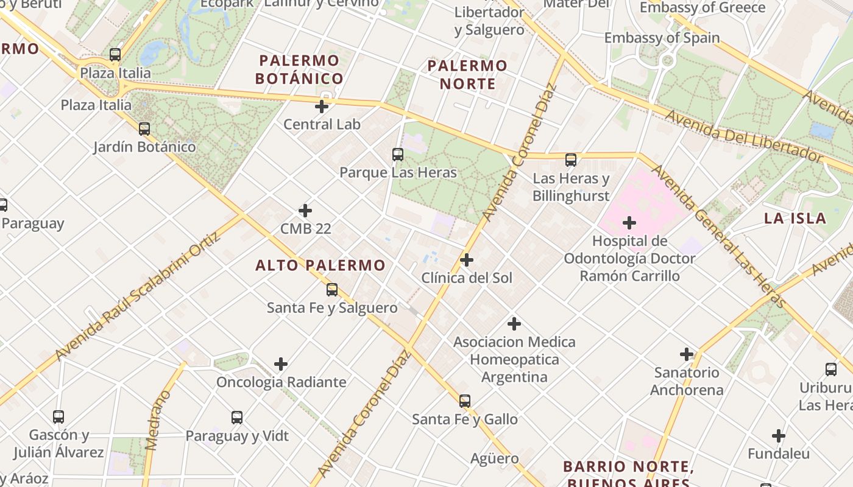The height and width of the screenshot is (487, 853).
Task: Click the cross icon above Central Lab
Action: [x=322, y=107]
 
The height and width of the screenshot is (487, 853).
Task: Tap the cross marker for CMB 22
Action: [x=305, y=211]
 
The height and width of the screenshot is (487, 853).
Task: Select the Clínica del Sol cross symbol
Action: [x=467, y=260]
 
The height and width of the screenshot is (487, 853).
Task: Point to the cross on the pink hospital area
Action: [x=629, y=223]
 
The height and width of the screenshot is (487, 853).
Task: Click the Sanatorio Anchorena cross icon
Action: [x=687, y=354]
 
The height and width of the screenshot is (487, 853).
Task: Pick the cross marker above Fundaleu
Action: [x=778, y=436]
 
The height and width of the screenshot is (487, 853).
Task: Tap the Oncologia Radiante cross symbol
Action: [x=281, y=364]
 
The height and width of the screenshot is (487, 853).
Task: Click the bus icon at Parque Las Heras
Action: [x=398, y=155]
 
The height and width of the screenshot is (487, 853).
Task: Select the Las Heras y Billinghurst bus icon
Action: [x=571, y=160]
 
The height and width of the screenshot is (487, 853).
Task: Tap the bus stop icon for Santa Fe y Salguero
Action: [x=332, y=290]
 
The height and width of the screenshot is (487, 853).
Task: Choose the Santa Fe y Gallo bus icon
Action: [x=465, y=401]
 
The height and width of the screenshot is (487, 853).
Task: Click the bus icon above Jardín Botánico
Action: [x=144, y=129]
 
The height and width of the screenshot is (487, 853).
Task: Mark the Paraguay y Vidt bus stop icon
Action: [x=237, y=418]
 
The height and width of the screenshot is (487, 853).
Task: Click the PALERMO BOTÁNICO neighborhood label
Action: [x=299, y=69]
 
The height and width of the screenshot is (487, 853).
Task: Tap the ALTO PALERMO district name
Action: [x=320, y=265]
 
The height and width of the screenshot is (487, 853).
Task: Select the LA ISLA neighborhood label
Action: [x=795, y=219]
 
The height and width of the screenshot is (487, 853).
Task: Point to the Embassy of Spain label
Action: [x=662, y=38]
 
